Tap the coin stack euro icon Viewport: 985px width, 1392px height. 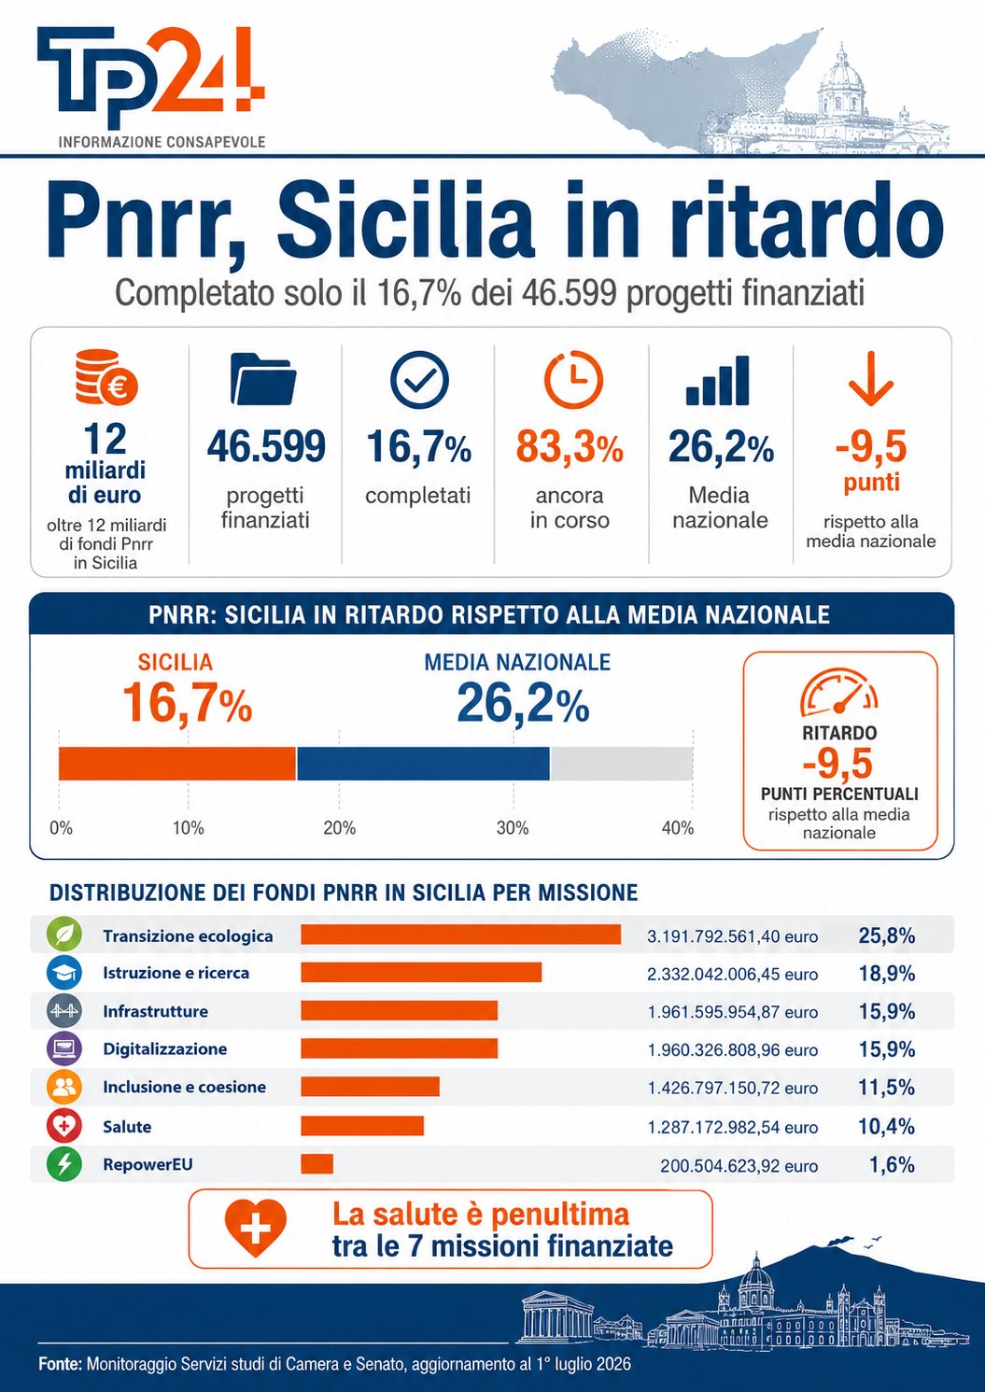[x=106, y=376]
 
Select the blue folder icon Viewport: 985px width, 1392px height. [x=263, y=378]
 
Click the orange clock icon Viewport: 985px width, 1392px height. [x=573, y=378]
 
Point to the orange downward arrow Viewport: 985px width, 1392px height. [x=871, y=376]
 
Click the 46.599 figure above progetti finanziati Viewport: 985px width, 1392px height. [x=266, y=445]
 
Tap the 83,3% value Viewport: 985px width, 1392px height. [x=570, y=446]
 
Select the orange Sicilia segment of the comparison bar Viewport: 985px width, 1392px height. [x=177, y=763]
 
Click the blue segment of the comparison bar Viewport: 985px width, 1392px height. [x=423, y=763]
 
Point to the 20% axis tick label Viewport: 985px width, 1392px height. [x=339, y=828]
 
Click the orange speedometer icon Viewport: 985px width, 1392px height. [x=839, y=692]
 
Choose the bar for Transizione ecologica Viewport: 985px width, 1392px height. [x=460, y=934]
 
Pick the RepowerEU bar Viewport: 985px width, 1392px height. [x=317, y=1163]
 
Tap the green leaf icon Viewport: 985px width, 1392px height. [x=64, y=934]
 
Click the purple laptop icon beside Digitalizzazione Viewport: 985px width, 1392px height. [x=64, y=1048]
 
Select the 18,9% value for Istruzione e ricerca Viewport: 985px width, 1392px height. [x=886, y=973]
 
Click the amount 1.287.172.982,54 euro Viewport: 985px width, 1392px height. [x=733, y=1127]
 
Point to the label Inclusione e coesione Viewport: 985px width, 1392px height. [x=184, y=1087]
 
